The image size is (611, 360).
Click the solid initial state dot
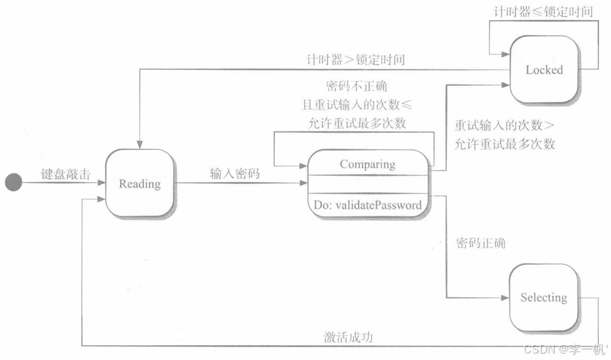13,183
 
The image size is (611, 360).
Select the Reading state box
139,184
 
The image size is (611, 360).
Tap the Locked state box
544,70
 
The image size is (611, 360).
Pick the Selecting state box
543,297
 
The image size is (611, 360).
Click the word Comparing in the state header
367,164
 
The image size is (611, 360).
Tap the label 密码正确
480,243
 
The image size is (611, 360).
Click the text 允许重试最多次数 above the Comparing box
355,123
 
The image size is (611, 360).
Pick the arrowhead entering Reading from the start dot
102,183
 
